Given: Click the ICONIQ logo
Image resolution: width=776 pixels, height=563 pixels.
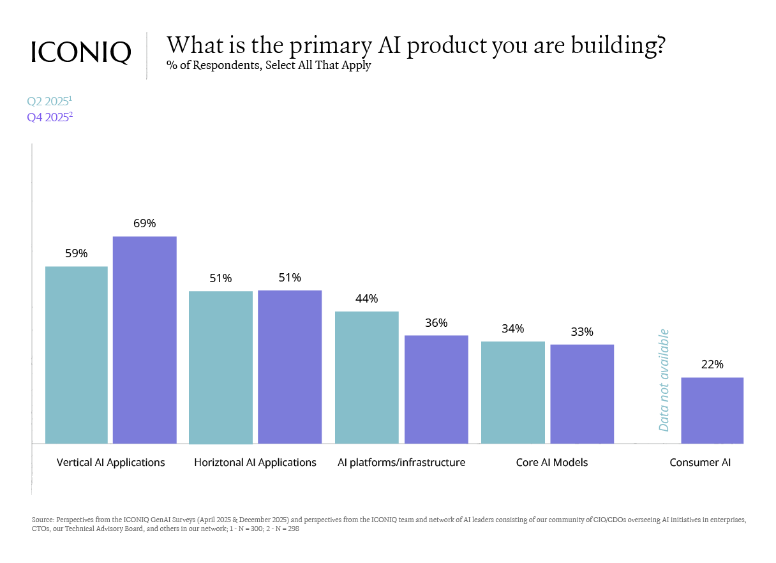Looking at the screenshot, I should click(x=81, y=52).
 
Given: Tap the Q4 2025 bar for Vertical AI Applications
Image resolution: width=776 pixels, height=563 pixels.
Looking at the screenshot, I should click(x=145, y=340).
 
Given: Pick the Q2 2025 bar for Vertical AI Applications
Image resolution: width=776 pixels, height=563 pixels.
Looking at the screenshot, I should click(x=77, y=355).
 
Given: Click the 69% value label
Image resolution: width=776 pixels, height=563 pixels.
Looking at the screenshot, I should click(x=145, y=223).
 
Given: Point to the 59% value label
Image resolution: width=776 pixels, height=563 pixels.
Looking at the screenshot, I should click(x=77, y=253).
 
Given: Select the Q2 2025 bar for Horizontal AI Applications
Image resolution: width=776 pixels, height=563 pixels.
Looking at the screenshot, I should click(x=221, y=367).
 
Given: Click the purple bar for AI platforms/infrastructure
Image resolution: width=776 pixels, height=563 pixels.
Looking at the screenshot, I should click(x=436, y=389).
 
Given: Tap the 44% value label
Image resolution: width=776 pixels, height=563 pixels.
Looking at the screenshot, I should click(x=367, y=299).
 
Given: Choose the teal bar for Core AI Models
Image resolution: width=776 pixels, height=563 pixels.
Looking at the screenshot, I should click(x=513, y=393).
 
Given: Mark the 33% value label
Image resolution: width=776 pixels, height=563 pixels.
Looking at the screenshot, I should click(x=582, y=332).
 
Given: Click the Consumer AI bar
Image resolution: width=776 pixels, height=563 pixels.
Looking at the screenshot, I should click(x=712, y=410).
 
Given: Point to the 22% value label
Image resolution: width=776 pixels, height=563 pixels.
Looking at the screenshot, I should click(x=712, y=364).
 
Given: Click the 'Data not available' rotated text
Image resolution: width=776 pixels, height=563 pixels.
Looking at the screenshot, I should click(x=664, y=380).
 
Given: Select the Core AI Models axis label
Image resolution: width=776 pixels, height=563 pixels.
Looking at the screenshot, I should click(x=552, y=462).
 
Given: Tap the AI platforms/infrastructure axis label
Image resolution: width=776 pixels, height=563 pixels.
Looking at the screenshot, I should click(x=401, y=462).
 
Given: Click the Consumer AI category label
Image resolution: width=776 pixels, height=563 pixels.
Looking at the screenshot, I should click(x=700, y=462).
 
